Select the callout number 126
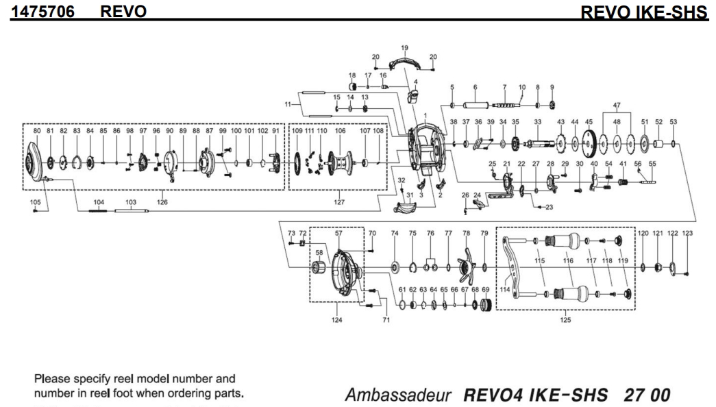coord(162,202)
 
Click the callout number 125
coord(565,320)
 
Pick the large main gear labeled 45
coord(588,145)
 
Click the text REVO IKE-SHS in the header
coord(643,12)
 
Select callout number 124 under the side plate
coord(336,320)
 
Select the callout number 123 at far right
coord(687,234)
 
